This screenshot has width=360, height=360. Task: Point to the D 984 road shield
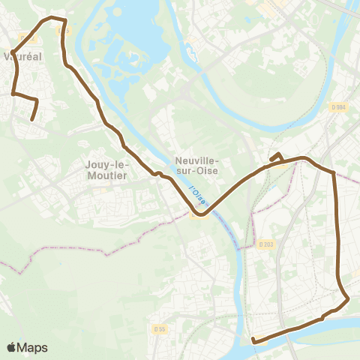pos(339,107)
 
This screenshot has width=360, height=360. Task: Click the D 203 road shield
pos(266,244)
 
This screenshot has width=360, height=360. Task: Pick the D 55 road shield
pos(159,328)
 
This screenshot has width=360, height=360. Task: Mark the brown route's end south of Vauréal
pos(31,119)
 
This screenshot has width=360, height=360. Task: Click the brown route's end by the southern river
pos(254,341)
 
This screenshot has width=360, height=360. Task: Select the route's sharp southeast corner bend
pos(348,301)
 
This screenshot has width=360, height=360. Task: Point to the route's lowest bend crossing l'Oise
pos(201,214)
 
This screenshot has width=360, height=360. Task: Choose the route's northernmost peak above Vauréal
pos(51,16)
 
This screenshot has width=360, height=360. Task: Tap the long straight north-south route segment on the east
pos(337,225)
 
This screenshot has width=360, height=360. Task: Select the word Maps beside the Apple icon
pos(32,347)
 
